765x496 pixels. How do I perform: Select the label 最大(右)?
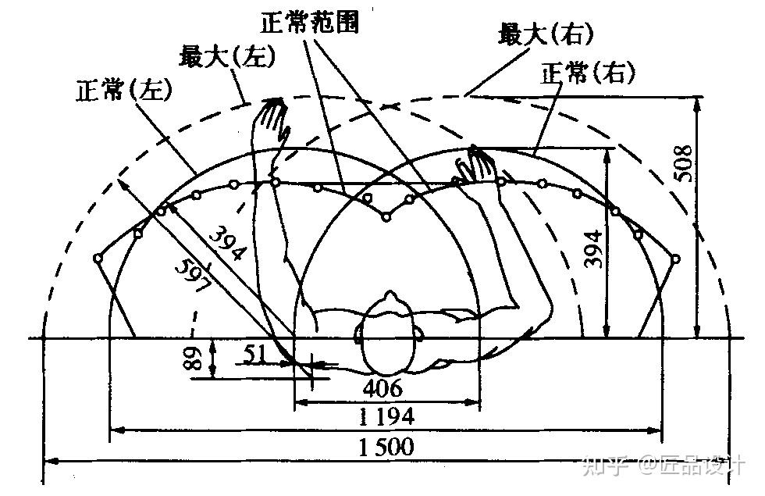(545, 34)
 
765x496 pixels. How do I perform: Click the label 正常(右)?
(588, 73)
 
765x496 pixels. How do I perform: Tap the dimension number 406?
(382, 387)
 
